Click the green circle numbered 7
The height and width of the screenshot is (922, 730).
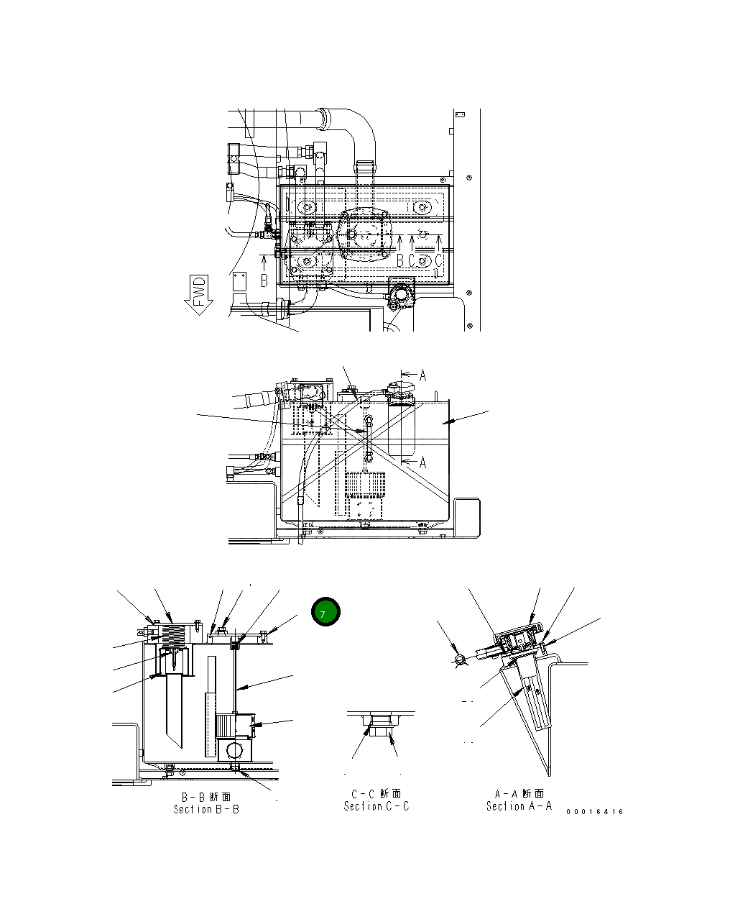point(325,613)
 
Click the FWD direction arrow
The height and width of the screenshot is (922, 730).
point(199,294)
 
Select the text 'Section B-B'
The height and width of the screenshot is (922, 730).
point(206,809)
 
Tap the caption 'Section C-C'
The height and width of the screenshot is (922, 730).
point(376,806)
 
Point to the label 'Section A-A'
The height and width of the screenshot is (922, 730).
point(519,806)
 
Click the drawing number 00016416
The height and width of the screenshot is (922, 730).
point(594,811)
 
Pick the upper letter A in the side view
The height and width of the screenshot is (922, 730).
point(422,375)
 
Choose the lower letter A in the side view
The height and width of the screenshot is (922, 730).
point(422,462)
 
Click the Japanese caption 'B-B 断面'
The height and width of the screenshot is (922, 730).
point(206,797)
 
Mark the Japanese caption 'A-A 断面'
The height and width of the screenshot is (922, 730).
point(519,794)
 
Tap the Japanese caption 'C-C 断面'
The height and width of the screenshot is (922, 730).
point(376,794)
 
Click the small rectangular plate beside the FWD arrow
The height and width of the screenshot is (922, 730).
point(239,281)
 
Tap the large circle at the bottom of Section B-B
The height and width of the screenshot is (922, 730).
point(234,752)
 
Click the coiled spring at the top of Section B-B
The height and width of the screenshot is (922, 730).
point(177,635)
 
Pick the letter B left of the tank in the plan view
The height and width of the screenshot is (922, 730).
point(264,280)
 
